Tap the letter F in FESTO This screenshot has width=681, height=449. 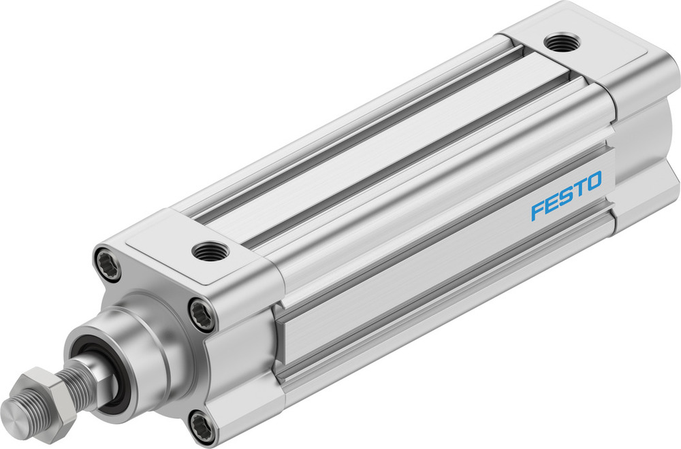pyautogui.click(x=536, y=209)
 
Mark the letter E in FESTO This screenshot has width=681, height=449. pyautogui.click(x=550, y=202)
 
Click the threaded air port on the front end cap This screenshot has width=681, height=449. pyautogui.click(x=206, y=252)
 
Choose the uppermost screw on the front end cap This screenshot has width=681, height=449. pyautogui.click(x=109, y=263)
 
